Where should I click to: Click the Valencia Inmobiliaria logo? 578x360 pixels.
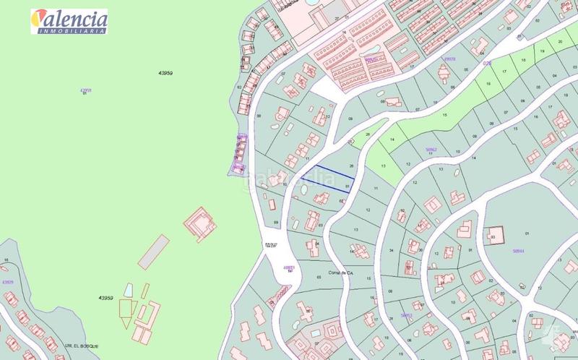click(69, 21)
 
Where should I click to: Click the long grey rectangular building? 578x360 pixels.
click(152, 251)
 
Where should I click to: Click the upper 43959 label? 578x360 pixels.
click(166, 73)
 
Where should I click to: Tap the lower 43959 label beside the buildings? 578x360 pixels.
click(106, 297)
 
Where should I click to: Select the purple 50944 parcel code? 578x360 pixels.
click(518, 251)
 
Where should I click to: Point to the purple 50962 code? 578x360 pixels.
click(431, 150)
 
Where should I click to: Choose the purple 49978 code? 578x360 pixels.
click(449, 59)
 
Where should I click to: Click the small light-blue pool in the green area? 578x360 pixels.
click(128, 290)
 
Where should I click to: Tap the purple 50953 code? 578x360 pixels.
click(406, 315)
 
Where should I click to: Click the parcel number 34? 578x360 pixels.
click(391, 251)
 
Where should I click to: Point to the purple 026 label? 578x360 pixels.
click(486, 63)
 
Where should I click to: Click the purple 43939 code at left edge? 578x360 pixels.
click(8, 282)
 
